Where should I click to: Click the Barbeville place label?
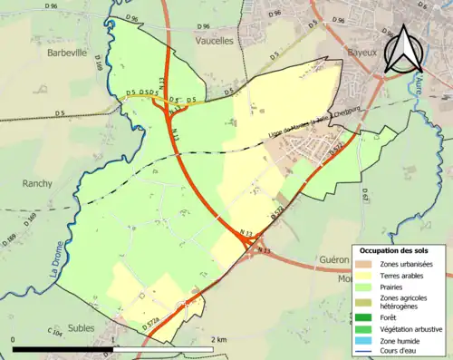point(65,53)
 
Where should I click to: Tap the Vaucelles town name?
point(217,41)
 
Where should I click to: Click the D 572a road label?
point(155,323)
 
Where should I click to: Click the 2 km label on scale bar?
point(217,339)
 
